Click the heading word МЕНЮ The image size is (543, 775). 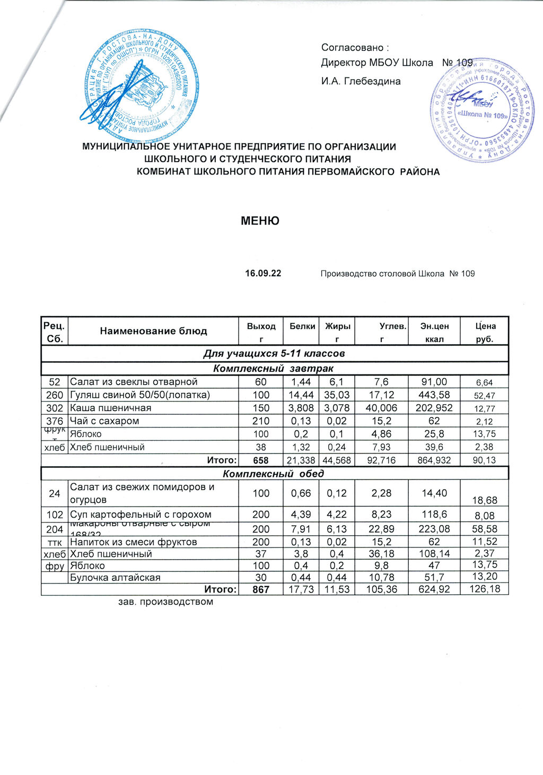260,221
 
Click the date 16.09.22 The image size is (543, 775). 263,274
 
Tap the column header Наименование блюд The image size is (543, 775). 154,331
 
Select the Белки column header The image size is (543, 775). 302,326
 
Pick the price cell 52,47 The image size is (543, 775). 485,395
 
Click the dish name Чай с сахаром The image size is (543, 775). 104,421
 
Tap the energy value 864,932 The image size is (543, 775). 434,460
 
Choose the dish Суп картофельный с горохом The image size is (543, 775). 141,514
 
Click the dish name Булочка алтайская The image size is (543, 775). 116,577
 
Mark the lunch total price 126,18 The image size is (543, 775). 485,588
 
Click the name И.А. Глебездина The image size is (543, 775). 361,81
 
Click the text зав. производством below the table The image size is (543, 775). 165,602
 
